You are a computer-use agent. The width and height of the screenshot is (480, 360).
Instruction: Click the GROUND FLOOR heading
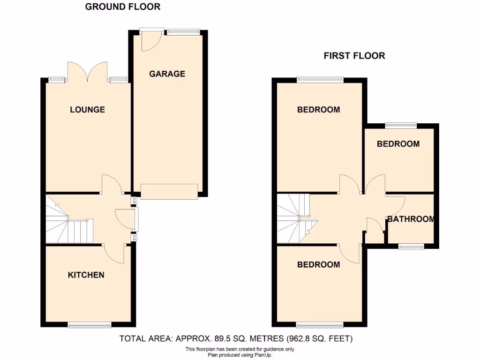[x=122, y=7]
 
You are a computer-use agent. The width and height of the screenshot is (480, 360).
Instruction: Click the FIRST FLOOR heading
[x=354, y=56]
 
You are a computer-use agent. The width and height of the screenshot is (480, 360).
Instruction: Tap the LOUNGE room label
[x=87, y=110]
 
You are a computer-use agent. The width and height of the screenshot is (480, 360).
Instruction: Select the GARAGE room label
[x=167, y=74]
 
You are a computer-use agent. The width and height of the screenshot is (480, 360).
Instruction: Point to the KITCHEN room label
[x=86, y=275]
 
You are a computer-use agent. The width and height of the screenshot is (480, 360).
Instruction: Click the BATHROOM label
[x=411, y=219]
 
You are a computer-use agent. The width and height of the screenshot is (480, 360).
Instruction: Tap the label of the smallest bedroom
[x=398, y=144]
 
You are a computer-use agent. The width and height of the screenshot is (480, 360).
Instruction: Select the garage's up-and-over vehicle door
[x=169, y=191]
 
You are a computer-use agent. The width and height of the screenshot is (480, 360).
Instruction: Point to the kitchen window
[x=90, y=324]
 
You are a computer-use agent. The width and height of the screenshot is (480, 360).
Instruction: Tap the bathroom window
[x=412, y=246]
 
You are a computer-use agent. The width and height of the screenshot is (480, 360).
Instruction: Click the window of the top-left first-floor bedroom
[x=320, y=79]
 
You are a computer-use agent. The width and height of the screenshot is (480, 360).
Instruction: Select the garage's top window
[x=183, y=31]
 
